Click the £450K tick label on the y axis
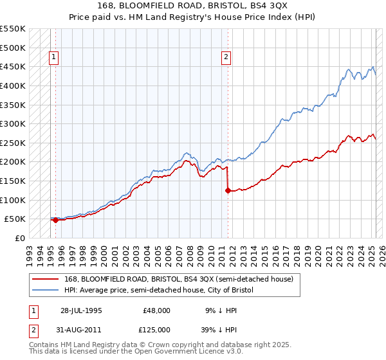[13, 66]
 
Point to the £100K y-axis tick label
[13, 200]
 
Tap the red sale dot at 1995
[55, 220]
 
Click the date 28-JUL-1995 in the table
[80, 310]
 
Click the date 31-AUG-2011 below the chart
[80, 329]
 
